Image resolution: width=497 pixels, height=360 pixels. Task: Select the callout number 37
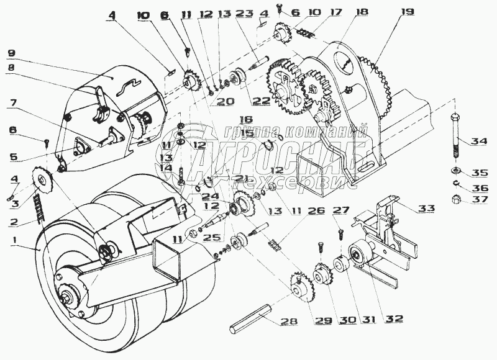coord(480,199)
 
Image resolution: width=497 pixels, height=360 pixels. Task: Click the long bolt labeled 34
coord(455,136)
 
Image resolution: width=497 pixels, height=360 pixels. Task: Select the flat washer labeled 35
coord(455,171)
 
